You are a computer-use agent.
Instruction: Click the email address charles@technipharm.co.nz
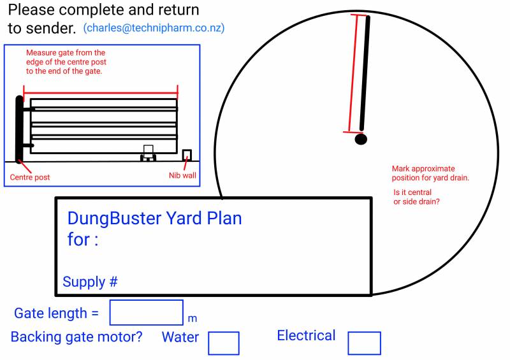154,29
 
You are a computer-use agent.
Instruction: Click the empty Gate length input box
147,312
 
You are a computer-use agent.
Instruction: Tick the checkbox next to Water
224,343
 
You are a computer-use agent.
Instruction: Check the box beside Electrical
364,343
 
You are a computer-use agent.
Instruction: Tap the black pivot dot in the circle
361,139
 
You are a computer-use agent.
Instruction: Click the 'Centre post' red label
30,177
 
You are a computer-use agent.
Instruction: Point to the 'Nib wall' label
182,175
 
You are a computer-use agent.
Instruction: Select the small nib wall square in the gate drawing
187,155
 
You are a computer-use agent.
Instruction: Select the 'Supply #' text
91,282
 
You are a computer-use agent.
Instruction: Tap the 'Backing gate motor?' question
76,336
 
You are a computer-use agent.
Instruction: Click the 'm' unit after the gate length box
193,318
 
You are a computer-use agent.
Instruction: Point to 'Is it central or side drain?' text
417,197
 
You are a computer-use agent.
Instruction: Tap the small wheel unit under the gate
148,154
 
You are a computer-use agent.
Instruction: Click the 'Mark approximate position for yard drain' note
430,173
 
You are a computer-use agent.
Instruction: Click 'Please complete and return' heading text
103,10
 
